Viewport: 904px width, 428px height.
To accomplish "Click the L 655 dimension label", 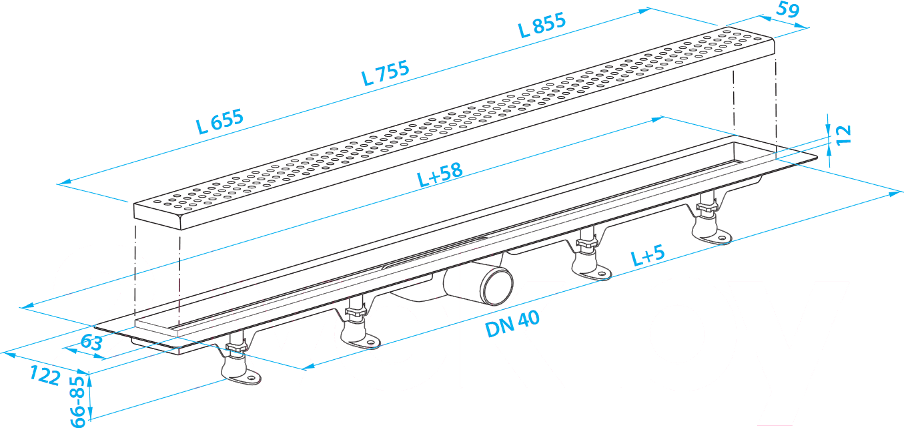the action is (x=220, y=121).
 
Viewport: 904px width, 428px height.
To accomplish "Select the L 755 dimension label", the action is (x=386, y=73).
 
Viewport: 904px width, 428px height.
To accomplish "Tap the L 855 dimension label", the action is (x=542, y=25).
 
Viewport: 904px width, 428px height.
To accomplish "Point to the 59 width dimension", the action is (x=787, y=9).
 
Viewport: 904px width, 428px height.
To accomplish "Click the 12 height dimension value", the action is (x=843, y=135).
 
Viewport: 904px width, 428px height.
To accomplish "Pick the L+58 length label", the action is (x=440, y=175).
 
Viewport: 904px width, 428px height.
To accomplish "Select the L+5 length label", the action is (x=647, y=255).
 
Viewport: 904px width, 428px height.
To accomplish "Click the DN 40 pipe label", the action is (x=512, y=324).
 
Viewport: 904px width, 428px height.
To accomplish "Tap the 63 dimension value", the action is (x=91, y=343).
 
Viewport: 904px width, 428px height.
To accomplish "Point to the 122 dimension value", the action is (x=45, y=375).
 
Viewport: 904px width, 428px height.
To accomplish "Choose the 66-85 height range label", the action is (x=78, y=401).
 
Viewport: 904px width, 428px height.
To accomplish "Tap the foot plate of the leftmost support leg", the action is (x=242, y=377).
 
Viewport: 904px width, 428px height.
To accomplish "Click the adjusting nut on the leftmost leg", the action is (x=236, y=347).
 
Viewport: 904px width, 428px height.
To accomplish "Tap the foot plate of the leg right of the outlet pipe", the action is (x=593, y=272).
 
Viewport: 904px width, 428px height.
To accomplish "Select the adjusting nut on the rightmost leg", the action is (x=707, y=208).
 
